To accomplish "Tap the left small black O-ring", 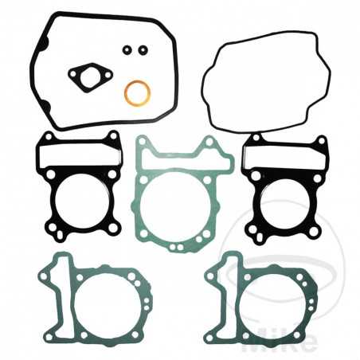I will [127, 50].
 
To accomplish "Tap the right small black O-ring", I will [143, 50].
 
